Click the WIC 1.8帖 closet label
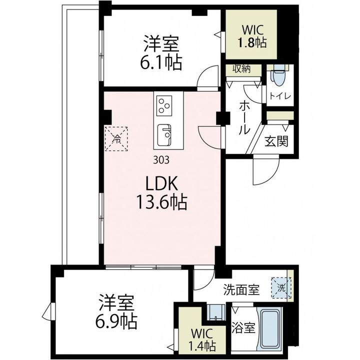coord(252,36)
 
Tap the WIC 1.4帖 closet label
coord(202,339)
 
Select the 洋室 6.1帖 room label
coord(161,53)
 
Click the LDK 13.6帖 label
coord(161,193)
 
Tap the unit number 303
coord(161,159)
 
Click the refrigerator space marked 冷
coord(116,138)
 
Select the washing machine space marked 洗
coord(281,287)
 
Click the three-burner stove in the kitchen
coord(164,105)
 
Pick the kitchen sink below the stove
coord(164,135)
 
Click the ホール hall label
coord(244,118)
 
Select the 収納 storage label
coord(241,69)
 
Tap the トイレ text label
coord(280,96)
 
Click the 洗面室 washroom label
coord(241,290)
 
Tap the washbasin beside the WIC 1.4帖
coord(215,312)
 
